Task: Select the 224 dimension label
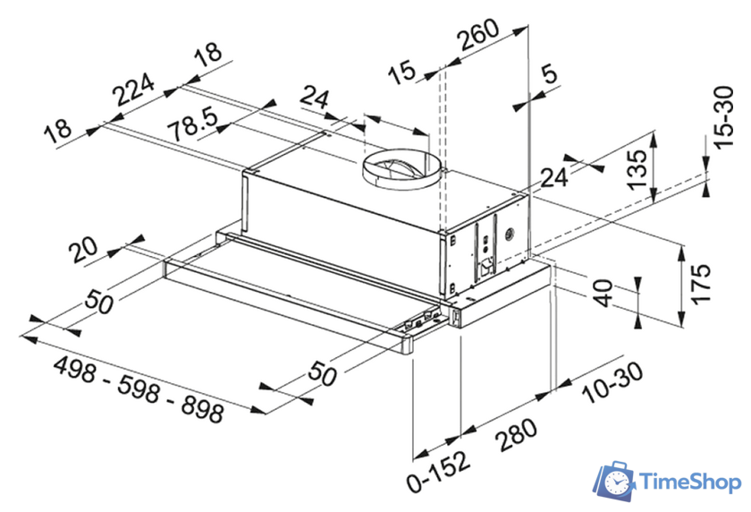tap(133, 91)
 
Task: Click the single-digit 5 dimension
tap(548, 76)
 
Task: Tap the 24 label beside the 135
tap(554, 177)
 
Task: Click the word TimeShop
tap(691, 482)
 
